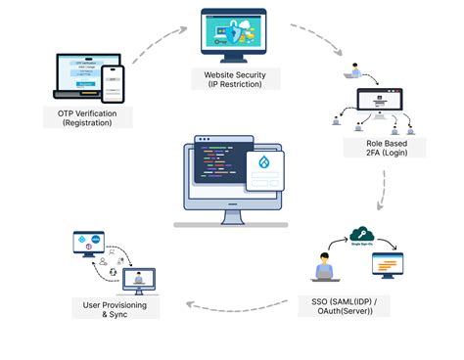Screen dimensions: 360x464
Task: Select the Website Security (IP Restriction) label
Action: click(x=237, y=78)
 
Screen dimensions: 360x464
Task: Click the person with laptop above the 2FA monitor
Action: click(x=348, y=73)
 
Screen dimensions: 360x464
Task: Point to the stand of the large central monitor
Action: click(x=232, y=217)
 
